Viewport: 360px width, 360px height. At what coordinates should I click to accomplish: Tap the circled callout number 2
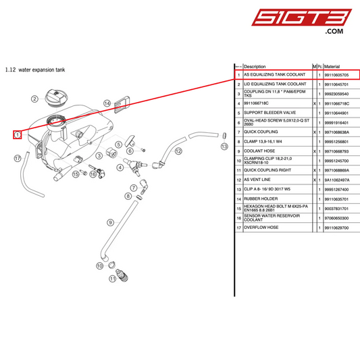point(34,99)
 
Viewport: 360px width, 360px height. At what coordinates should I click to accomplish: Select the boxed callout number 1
point(18,134)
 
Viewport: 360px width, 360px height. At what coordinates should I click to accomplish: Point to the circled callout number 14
point(107,103)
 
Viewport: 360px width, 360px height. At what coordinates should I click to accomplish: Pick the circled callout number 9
point(109,222)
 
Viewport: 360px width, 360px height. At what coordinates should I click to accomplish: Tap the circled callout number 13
point(224,145)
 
